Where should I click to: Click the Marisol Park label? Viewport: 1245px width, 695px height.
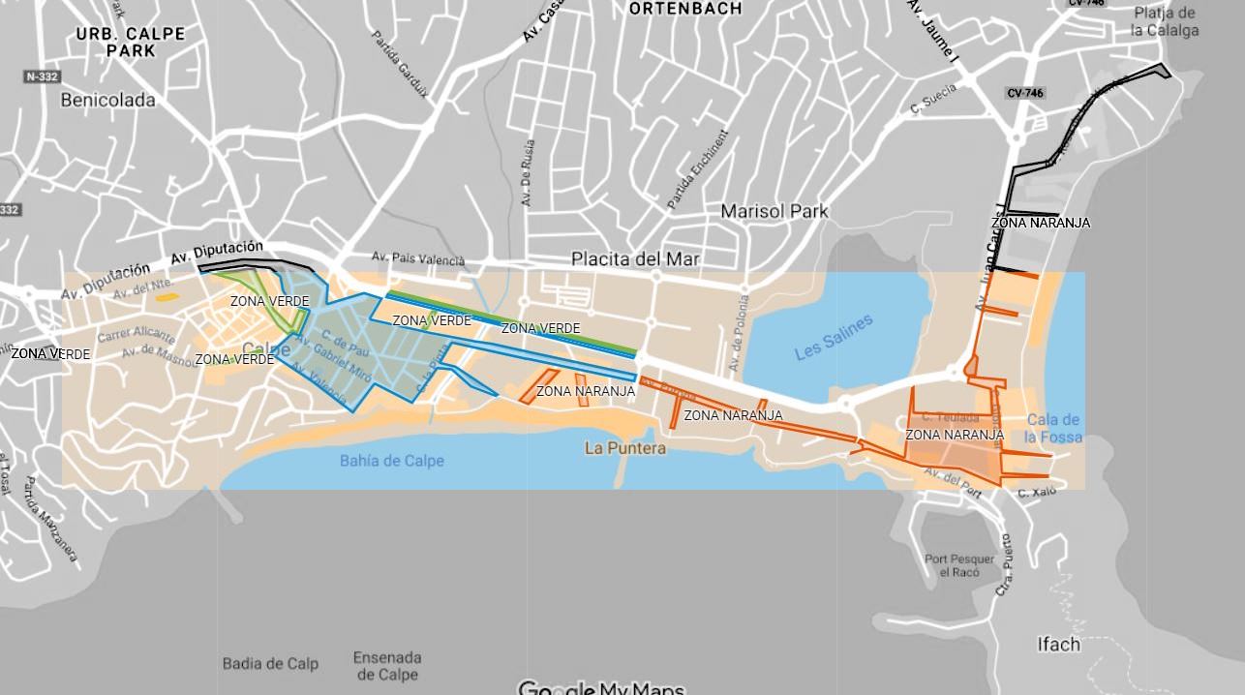point(774,211)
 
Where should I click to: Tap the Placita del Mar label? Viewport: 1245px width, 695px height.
point(635,259)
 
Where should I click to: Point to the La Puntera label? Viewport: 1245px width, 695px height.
point(625,448)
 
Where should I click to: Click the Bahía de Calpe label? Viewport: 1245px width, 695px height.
point(391,461)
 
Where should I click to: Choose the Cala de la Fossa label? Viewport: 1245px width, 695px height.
point(1053,428)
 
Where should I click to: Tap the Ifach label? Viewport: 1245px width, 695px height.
point(1058,644)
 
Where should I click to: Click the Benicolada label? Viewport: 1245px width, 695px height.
point(107,100)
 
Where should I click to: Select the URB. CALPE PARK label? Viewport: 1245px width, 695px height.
point(131,42)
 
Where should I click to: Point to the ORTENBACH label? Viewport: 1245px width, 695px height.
point(685,9)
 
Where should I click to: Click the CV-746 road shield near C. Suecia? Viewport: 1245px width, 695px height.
point(1025,93)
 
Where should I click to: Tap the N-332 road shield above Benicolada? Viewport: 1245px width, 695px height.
point(42,76)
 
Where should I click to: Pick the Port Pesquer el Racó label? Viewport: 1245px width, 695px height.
point(959,565)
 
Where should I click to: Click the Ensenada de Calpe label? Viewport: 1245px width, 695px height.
point(385,666)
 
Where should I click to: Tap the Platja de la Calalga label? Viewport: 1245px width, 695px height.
point(1165,21)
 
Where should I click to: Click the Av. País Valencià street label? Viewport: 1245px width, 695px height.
point(418,258)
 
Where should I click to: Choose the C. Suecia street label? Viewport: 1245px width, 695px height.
point(933,100)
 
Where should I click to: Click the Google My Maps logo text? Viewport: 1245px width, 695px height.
point(601,688)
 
